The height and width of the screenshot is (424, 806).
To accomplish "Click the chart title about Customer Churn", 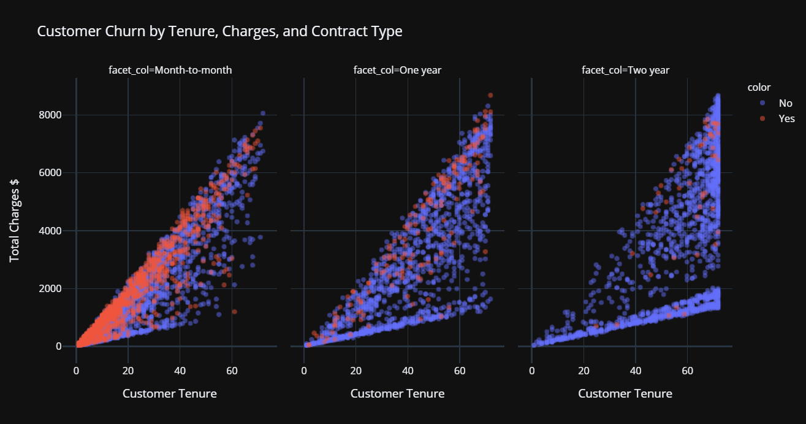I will click(219, 31).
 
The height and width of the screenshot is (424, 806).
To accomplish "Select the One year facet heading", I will click(397, 70).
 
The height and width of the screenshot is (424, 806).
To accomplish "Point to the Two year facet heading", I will click(625, 70).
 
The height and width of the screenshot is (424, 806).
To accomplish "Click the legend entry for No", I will click(785, 103).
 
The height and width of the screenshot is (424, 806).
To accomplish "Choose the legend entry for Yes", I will click(786, 118).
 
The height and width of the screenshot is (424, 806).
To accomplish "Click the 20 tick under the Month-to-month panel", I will click(127, 371).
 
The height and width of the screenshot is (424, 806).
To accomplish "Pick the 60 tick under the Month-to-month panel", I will click(232, 371).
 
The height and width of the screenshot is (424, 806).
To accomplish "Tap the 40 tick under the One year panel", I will click(408, 371).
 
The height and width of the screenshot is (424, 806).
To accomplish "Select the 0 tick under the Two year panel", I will click(532, 371).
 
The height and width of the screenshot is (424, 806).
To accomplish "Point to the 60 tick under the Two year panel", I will click(688, 371).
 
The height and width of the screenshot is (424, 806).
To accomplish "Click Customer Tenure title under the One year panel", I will click(397, 393).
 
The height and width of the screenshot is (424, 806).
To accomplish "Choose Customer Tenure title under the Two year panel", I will click(625, 393).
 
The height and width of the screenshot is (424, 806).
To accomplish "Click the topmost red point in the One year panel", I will click(490, 95).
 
